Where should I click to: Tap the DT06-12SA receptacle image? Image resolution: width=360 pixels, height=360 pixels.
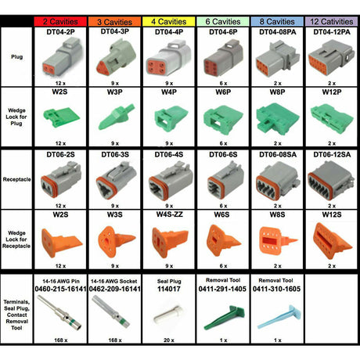331,179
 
